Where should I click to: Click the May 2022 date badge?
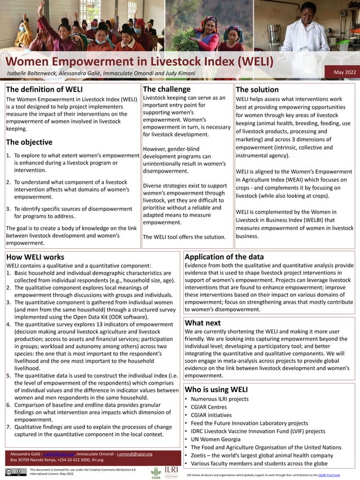pos(345,72)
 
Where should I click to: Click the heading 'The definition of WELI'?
pos(45,90)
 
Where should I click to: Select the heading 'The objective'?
pos(29,142)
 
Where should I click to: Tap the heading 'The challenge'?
pos(166,90)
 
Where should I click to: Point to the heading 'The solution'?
pos(257,90)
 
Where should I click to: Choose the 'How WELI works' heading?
pos(35,257)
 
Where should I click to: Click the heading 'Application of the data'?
pos(224,257)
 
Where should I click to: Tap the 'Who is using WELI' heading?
pos(216,389)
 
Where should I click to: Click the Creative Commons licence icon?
pos(16,472)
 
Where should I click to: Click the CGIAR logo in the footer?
pos(156,472)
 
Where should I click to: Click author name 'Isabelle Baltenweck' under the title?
pos(34,74)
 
